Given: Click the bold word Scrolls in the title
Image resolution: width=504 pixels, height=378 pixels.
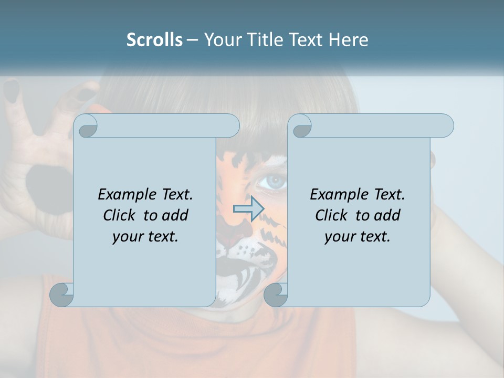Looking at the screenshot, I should tap(155, 40).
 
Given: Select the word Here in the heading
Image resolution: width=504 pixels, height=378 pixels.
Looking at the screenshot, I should tap(348, 40).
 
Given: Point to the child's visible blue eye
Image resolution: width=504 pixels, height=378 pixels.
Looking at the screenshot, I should tap(274, 182).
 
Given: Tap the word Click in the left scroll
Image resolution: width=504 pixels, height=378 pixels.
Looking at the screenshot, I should tap(121, 215).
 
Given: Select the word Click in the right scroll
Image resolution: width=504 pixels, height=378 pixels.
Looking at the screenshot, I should tap(333, 215).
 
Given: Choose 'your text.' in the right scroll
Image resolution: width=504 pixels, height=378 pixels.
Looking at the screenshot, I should tap(358, 236).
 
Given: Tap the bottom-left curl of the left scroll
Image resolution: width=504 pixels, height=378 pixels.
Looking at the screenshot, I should tap(62, 295).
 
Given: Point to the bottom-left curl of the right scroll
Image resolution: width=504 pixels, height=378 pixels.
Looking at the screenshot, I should tap(276, 295).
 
